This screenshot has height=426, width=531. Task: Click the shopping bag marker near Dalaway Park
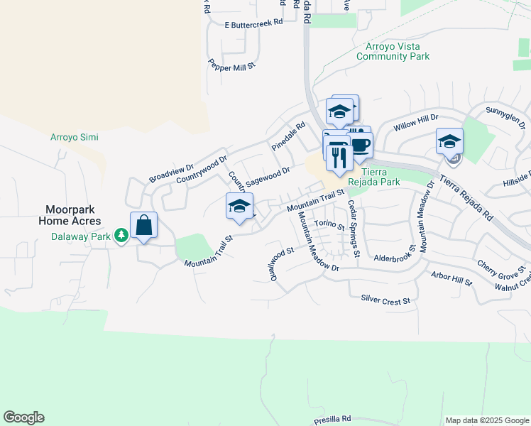click(143, 226)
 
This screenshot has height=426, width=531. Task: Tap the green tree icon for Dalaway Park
click(122, 234)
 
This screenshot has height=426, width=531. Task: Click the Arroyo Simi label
click(74, 137)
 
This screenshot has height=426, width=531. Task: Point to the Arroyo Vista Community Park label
click(393, 50)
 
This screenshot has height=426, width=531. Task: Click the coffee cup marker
click(360, 145)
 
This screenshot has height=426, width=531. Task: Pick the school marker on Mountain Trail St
click(240, 206)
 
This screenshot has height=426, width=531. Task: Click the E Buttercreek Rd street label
click(253, 23)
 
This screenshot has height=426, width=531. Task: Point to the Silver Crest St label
click(386, 300)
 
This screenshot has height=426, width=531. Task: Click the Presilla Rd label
click(332, 419)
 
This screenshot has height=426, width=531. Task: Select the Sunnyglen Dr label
click(504, 111)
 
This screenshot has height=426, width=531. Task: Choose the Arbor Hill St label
click(451, 278)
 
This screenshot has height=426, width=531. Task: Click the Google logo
click(23, 417)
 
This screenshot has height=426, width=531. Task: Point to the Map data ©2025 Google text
click(487, 420)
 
